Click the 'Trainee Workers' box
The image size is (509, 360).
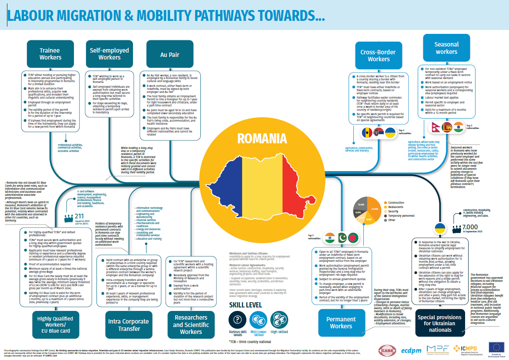(x=50, y=54)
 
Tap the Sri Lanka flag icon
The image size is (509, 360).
(x=448, y=127)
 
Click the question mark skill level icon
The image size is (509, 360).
(x=237, y=320)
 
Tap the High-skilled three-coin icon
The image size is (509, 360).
(x=279, y=320)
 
